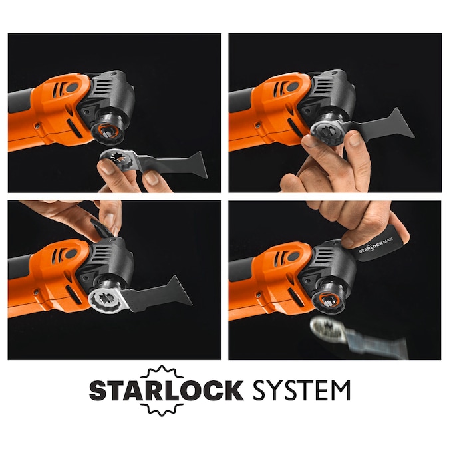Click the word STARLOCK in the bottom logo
166,390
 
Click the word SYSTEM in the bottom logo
301,390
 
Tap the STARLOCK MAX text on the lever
375,245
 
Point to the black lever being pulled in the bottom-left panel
100,228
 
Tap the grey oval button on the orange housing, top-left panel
72,88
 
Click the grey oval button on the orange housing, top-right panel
293,87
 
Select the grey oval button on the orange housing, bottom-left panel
71,253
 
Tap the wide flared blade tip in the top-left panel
200,165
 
